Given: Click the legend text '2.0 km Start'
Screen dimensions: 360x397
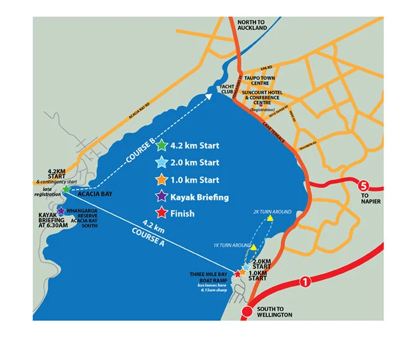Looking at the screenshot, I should click(195, 163).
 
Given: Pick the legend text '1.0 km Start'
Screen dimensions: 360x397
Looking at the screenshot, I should click(195, 180).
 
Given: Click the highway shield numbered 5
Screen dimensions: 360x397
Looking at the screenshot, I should click(364, 185).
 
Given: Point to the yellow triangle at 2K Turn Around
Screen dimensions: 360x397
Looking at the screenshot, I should click(270, 218).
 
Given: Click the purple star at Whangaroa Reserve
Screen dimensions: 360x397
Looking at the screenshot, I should click(61, 211).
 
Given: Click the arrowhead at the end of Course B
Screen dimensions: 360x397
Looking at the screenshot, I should click(208, 96).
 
